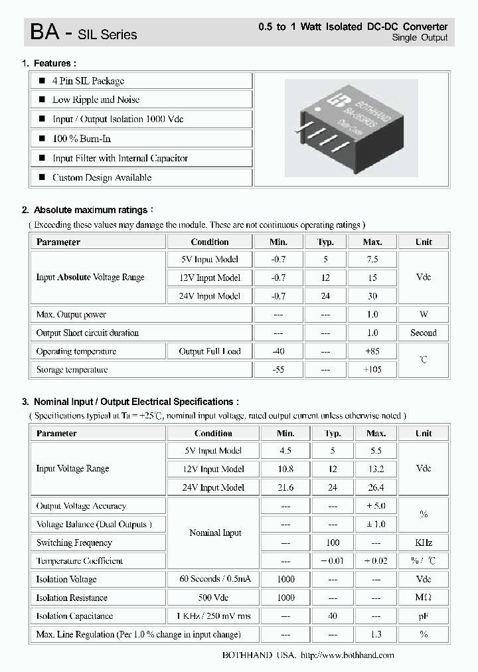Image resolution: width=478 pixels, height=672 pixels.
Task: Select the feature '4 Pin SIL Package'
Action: pos(88,81)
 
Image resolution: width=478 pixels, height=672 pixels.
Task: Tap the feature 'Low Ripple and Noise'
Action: pos(96,100)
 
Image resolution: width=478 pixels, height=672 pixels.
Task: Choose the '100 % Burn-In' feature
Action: pos(82,139)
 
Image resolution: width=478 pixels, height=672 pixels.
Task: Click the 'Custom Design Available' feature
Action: pos(102,177)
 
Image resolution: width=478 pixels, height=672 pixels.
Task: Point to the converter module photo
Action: pos(351,128)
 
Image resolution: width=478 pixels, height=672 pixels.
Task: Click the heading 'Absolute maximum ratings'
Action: pos(90,210)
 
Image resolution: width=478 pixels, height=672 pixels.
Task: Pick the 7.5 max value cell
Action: pos(372,260)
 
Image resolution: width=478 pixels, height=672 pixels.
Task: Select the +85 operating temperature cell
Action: pos(372,351)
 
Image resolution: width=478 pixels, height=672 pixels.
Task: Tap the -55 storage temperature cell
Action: pos(278,370)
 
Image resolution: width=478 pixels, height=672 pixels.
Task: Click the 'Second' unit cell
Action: pos(423,333)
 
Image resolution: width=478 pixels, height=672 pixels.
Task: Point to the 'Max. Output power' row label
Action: pos(71,315)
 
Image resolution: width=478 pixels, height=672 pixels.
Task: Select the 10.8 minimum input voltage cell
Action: pos(285,469)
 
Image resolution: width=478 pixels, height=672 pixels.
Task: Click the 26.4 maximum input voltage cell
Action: pos(376,487)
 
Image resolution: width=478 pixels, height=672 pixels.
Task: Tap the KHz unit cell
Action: pos(423,543)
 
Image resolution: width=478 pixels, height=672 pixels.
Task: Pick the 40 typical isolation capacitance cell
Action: pos(333,616)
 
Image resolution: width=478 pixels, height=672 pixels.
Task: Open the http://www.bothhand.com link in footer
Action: pos(347,655)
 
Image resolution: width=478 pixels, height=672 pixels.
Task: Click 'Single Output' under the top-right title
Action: pos(420,38)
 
